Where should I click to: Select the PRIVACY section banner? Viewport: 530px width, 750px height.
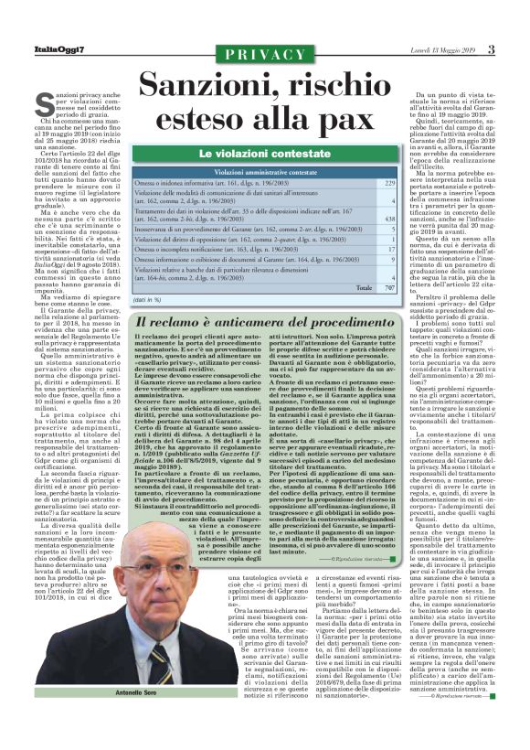click(264, 55)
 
